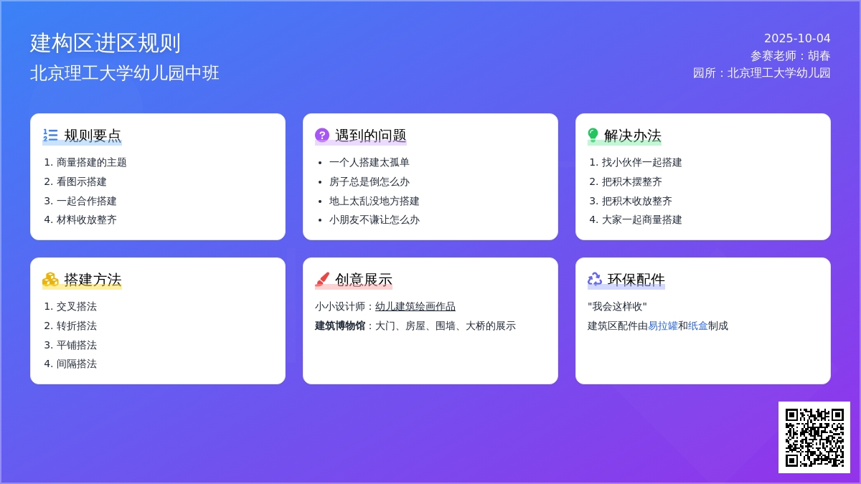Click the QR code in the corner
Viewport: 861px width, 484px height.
pos(814,437)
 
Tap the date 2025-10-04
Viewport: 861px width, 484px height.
pos(797,39)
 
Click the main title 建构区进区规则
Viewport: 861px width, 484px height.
pos(105,42)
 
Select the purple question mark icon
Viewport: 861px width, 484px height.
pos(322,135)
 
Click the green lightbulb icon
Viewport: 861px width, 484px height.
pos(593,135)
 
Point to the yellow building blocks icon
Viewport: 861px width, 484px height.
pos(50,279)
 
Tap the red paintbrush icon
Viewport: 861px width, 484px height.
pos(322,279)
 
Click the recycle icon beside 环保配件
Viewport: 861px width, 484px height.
pos(595,279)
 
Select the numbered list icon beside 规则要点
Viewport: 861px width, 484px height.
pos(50,135)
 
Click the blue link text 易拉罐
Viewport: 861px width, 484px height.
pos(663,326)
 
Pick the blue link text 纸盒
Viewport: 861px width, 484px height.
pos(697,326)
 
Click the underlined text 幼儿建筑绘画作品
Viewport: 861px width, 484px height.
pos(415,307)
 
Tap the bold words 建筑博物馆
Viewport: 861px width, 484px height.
pos(340,326)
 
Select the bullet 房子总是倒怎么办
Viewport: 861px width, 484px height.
pos(370,181)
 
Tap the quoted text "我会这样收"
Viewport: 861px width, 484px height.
pos(617,307)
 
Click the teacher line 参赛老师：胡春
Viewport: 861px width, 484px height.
pos(790,56)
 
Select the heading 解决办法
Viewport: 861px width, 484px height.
pos(632,136)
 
